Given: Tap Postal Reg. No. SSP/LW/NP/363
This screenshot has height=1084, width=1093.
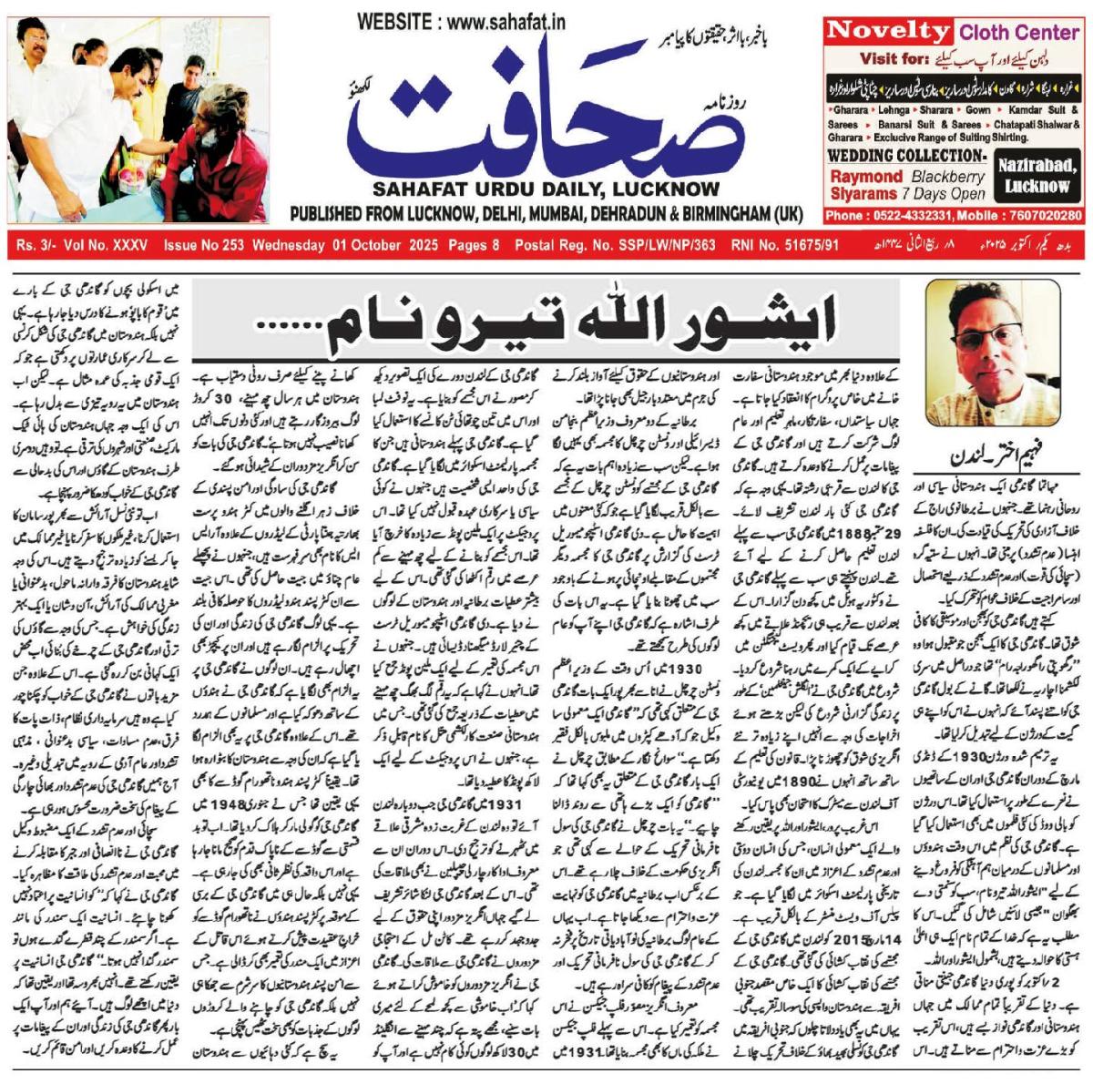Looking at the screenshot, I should [615, 246].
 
